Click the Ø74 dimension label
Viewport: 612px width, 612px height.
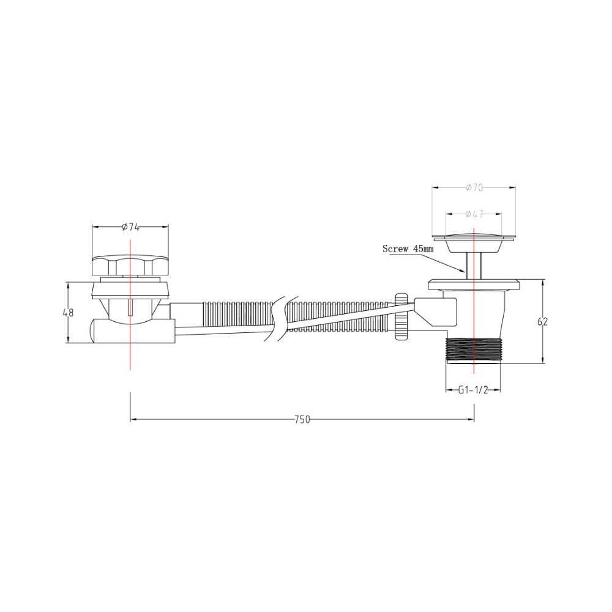coord(130,227)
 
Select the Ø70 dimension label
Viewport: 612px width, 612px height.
coord(474,188)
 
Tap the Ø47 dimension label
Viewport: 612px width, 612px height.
coord(474,214)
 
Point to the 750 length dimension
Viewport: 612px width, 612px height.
coord(302,420)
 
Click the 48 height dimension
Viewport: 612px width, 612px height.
coord(69,313)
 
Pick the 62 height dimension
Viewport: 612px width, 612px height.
coord(542,322)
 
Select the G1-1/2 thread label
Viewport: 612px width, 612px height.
coord(473,390)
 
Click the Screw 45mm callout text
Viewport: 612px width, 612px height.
coord(408,248)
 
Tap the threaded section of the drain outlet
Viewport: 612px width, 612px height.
coord(473,351)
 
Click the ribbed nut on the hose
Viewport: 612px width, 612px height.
coord(401,316)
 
